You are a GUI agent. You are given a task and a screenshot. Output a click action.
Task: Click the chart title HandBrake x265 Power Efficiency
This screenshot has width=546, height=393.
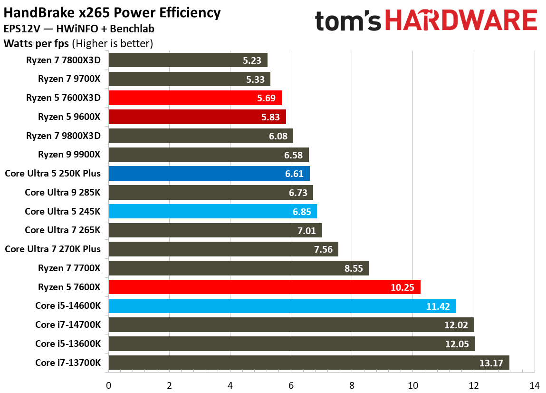point(112,13)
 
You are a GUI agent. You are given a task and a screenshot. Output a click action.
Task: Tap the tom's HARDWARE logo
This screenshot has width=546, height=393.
point(426,21)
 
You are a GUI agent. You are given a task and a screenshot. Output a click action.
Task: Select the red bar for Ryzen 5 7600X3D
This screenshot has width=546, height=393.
point(195,98)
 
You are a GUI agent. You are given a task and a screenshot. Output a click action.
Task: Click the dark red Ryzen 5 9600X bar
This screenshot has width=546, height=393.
point(197,117)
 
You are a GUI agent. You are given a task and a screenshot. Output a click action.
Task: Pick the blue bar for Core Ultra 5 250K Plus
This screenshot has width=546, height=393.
point(209,174)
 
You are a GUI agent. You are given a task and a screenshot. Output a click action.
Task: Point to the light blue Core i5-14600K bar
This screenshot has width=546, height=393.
point(282,306)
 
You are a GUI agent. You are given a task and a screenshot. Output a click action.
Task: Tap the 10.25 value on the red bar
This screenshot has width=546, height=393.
point(402,287)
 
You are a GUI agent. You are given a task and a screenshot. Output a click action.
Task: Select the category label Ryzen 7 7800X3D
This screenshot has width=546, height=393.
point(64,60)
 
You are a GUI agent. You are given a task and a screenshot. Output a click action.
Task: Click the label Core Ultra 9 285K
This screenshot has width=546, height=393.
point(62,192)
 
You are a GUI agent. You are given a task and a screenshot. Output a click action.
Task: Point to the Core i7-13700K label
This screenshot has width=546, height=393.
point(68,363)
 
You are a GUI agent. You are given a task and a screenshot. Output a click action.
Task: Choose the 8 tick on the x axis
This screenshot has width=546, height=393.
point(352,385)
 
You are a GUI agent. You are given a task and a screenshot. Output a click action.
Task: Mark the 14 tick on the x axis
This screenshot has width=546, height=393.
point(534,385)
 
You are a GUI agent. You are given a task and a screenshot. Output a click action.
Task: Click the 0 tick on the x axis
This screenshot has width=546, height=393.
point(108,385)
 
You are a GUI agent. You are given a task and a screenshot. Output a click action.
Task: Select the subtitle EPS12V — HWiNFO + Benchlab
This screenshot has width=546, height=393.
point(78,29)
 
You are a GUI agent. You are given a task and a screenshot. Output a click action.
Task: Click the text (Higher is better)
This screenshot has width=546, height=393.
point(112,44)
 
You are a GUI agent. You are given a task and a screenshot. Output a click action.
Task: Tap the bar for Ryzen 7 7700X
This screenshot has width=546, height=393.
point(238,268)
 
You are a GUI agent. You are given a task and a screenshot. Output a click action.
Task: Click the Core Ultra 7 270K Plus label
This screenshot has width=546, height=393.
point(53,249)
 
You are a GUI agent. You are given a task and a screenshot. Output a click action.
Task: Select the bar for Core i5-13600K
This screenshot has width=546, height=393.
point(291,344)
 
